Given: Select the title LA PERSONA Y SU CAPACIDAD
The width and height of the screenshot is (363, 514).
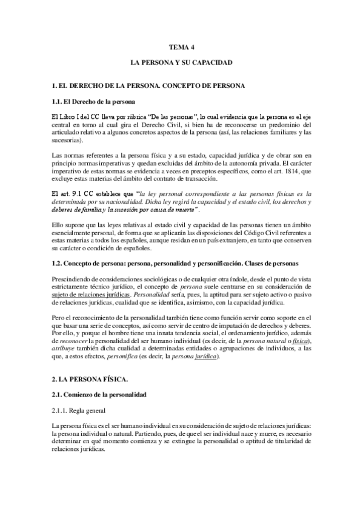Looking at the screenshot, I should (x=181, y=62).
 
